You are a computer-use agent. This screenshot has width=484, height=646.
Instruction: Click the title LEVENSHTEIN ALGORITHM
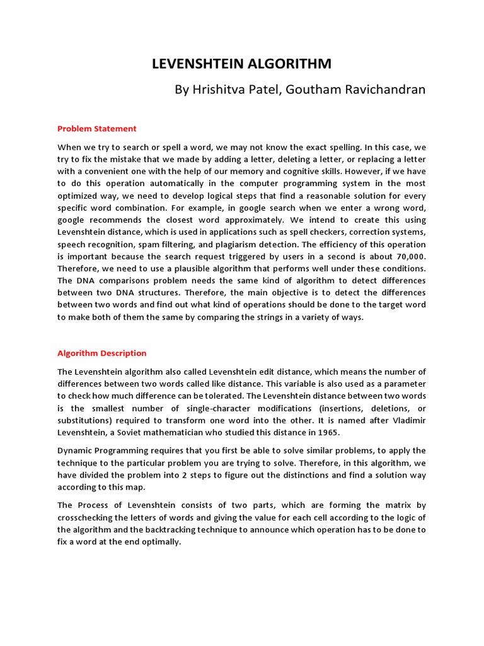pyautogui.click(x=242, y=64)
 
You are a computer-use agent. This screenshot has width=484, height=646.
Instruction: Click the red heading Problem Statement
pyautogui.click(x=96, y=129)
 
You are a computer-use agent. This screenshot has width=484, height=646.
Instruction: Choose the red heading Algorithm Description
pyautogui.click(x=101, y=353)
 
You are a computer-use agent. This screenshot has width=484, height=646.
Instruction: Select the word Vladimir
pyautogui.click(x=408, y=420)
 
